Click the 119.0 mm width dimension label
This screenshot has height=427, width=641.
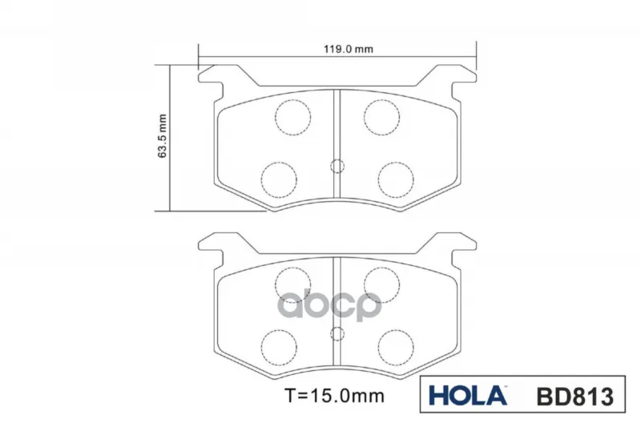(349, 50)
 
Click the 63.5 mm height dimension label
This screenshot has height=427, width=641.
(163, 136)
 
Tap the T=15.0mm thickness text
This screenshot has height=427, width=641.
(334, 396)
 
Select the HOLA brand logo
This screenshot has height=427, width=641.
(468, 395)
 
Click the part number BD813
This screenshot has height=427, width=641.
(574, 396)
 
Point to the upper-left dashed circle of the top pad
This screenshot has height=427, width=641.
(292, 117)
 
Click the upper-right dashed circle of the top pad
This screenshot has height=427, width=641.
(381, 117)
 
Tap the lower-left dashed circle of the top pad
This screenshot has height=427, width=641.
(279, 179)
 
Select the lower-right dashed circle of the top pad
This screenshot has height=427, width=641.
(396, 179)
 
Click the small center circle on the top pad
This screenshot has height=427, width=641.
(337, 166)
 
